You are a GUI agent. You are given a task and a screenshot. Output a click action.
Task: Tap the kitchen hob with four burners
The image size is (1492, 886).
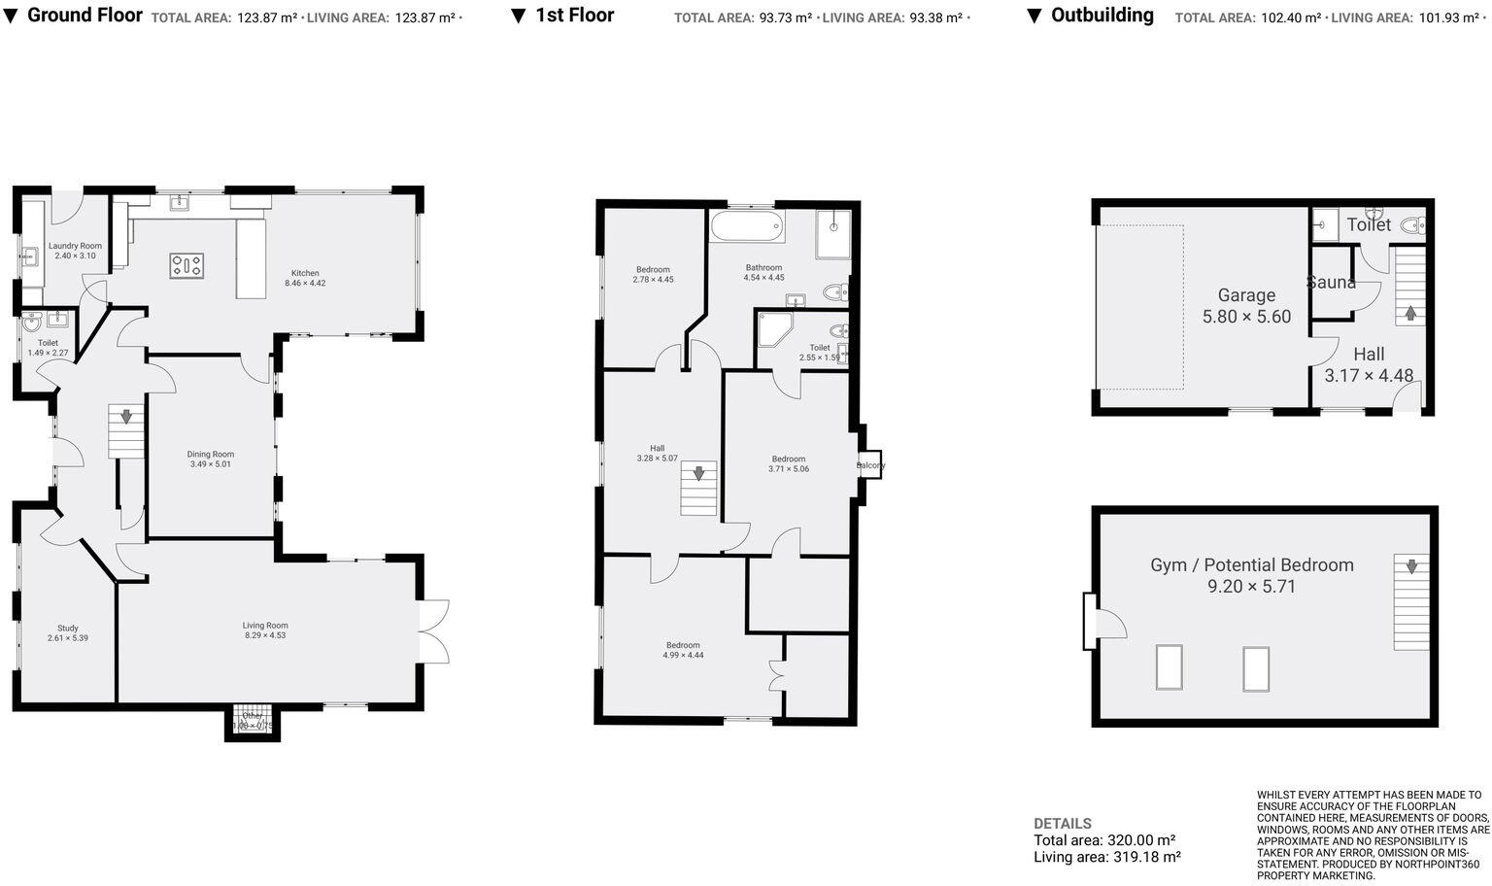[x=186, y=265]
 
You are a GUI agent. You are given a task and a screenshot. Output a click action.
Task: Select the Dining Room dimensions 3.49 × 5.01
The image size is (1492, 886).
[x=211, y=464]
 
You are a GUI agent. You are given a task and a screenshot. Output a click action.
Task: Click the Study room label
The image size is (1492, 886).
[x=67, y=628]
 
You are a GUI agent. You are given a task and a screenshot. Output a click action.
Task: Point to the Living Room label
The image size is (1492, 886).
[x=265, y=625]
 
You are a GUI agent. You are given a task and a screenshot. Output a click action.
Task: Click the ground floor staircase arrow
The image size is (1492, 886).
[x=125, y=417]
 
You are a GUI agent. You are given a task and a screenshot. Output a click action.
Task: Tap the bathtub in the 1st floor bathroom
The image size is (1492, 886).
[x=747, y=228]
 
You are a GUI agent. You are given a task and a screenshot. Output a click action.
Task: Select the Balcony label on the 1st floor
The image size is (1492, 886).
[x=870, y=465]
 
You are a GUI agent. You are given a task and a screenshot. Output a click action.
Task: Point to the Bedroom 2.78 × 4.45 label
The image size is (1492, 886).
[x=653, y=269]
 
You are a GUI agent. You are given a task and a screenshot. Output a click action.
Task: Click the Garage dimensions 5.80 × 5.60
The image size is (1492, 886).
[x=1246, y=317]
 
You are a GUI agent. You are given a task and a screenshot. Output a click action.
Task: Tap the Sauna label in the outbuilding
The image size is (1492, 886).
[x=1331, y=283]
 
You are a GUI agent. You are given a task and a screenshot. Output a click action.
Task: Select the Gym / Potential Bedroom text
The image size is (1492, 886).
[x=1251, y=564]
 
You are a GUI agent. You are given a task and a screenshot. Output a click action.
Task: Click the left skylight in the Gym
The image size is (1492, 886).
[x=1169, y=667]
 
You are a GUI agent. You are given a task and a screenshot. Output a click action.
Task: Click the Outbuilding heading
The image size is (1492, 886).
[x=1102, y=16]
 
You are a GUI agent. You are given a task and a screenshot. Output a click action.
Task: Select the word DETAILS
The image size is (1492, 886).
[x=1062, y=823]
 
